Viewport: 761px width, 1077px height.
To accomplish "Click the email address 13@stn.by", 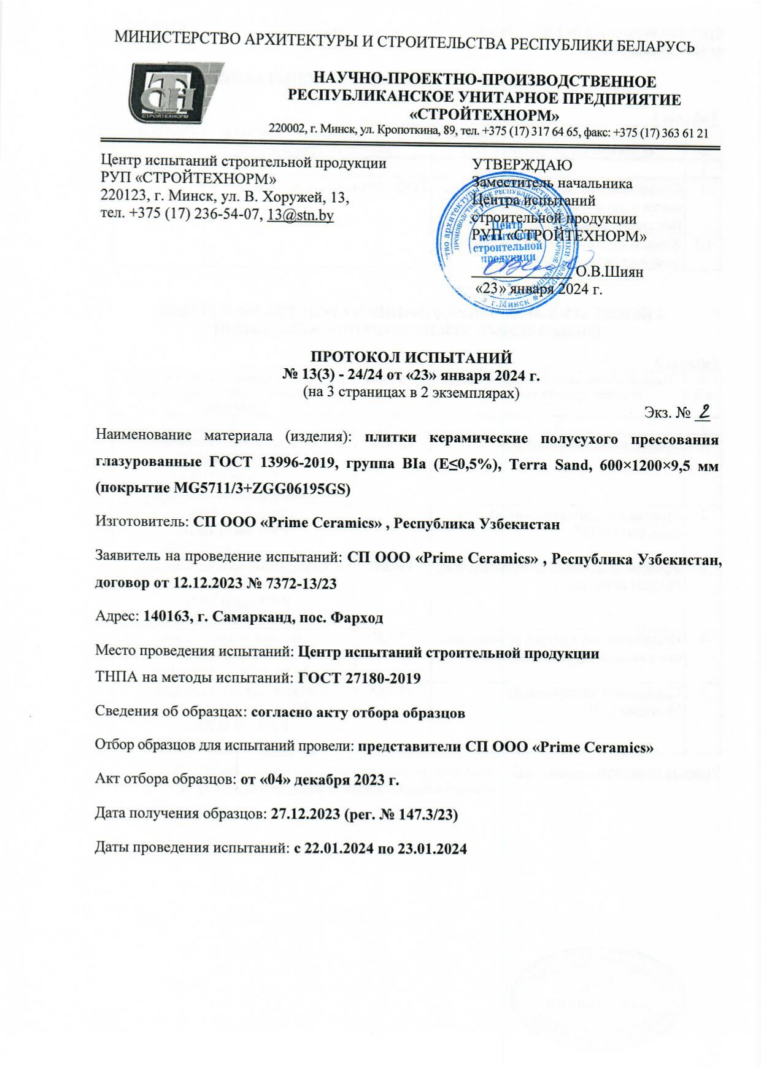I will coord(300,215).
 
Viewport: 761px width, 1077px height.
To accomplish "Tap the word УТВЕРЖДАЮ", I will coord(522,164).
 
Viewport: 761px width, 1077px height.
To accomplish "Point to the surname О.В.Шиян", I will coord(609,272).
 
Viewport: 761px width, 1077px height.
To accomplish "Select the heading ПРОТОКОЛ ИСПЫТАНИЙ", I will coord(411,357).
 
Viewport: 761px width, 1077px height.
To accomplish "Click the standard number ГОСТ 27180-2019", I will coord(359,678).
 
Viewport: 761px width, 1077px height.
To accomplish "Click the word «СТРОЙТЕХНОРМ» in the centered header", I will coord(484,115).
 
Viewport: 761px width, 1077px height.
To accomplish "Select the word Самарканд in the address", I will coord(243,617).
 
